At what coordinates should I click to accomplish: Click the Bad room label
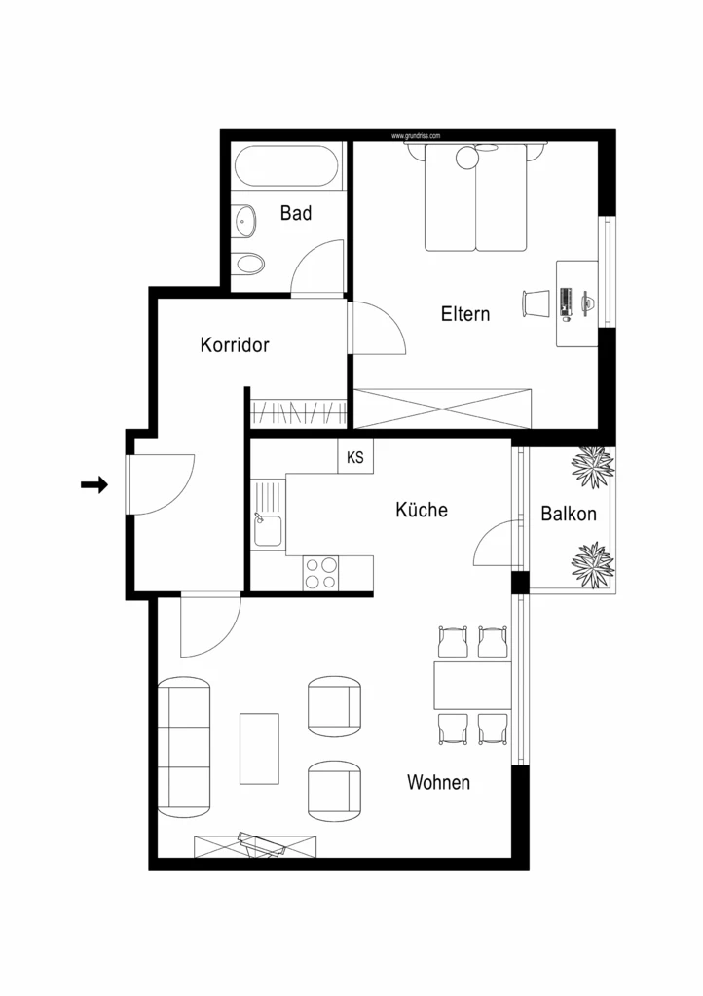click(x=296, y=213)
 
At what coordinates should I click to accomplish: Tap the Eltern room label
click(x=464, y=314)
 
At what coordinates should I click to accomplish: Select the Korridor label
click(x=234, y=345)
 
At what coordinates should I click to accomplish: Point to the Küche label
click(x=422, y=510)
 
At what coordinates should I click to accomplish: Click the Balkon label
click(x=569, y=515)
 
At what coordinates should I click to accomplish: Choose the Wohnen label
click(x=438, y=782)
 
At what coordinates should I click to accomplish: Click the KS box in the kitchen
click(x=355, y=458)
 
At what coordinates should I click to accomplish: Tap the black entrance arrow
click(x=93, y=485)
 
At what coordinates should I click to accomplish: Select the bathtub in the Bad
click(x=288, y=166)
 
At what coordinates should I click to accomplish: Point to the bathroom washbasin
click(x=243, y=221)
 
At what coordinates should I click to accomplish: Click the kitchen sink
click(x=267, y=531)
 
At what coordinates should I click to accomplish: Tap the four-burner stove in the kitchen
click(x=320, y=573)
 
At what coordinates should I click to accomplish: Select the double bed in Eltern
click(x=476, y=199)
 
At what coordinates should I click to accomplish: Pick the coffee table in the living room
click(x=259, y=748)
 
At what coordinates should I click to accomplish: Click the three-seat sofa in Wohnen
click(x=184, y=746)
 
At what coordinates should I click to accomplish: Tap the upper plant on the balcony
click(x=591, y=467)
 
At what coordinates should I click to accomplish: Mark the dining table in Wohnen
click(x=473, y=685)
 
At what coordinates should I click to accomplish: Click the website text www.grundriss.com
click(x=417, y=136)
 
